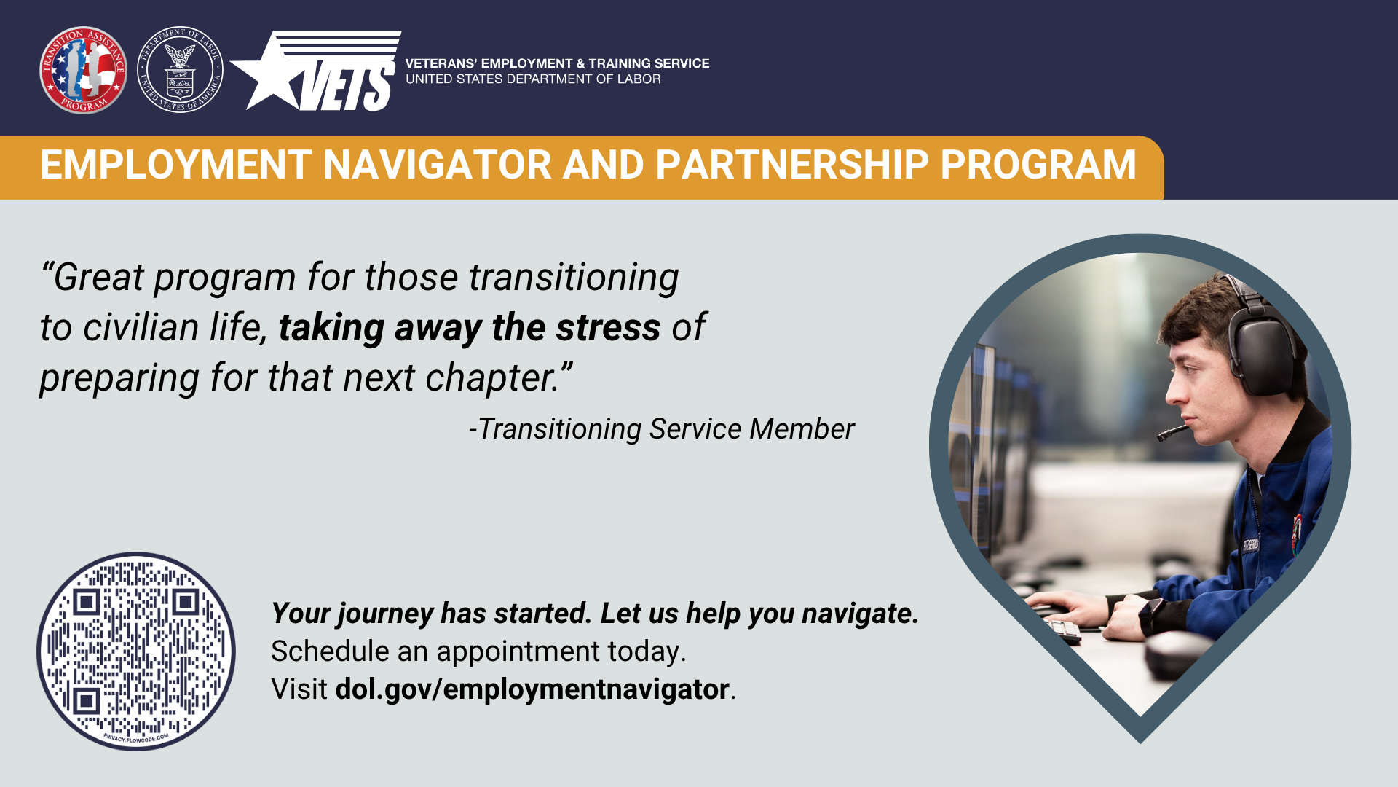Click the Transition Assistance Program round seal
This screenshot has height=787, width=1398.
(x=83, y=70)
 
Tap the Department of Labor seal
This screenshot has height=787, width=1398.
(x=180, y=70)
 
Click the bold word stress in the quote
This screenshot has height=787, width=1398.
(x=608, y=327)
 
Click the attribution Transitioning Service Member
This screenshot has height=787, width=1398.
(x=661, y=429)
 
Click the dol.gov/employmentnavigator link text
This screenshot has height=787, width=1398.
(x=532, y=689)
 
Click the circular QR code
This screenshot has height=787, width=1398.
(x=136, y=651)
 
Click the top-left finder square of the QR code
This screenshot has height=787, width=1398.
(x=87, y=602)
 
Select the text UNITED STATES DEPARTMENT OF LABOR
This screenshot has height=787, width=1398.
(x=533, y=79)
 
